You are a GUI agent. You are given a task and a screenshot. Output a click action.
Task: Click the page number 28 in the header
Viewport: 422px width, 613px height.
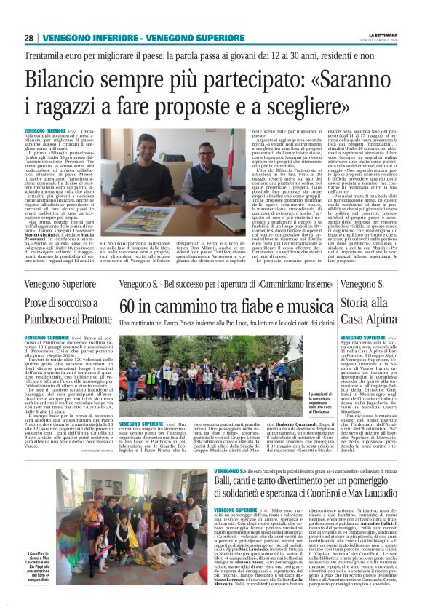point(28,38)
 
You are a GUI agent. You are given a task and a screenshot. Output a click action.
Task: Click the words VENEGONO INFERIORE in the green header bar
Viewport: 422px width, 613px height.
point(75,38)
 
